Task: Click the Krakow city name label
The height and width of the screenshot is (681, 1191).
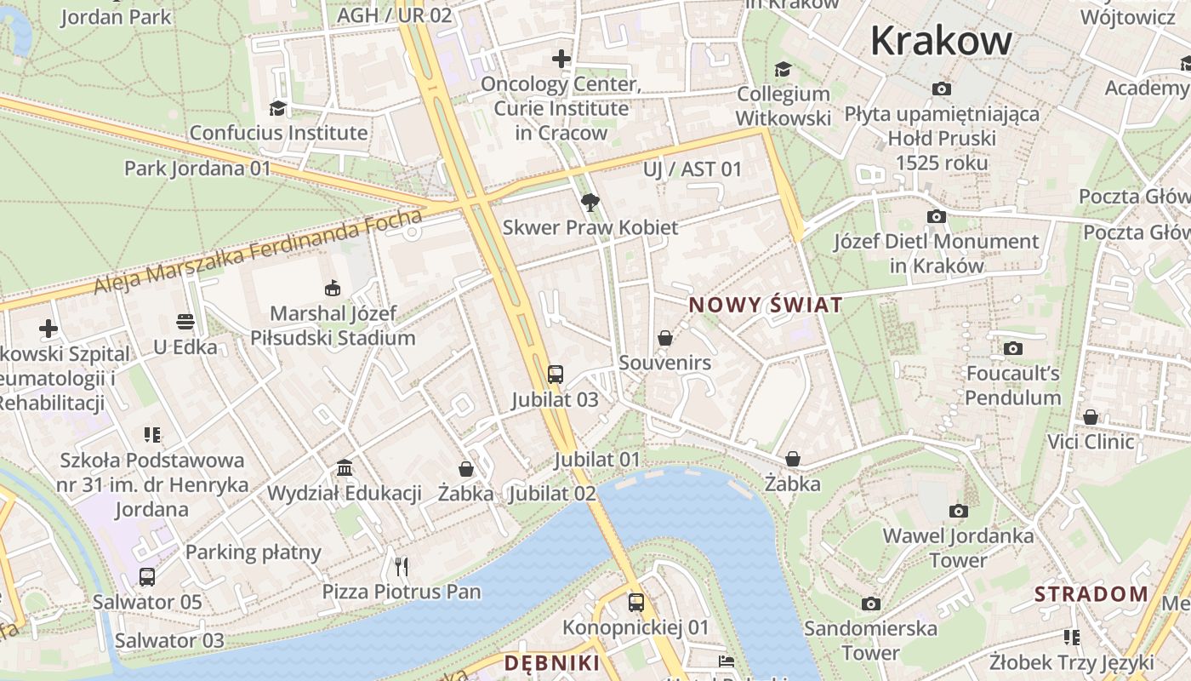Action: [x=941, y=40]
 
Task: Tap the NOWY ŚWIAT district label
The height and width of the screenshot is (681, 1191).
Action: [x=766, y=305]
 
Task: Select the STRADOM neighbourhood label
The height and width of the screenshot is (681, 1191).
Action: [x=1091, y=594]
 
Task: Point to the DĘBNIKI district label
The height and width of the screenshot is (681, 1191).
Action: [x=552, y=663]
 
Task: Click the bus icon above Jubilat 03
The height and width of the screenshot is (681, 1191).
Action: [x=555, y=374]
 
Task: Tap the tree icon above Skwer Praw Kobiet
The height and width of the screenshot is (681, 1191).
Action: [x=590, y=203]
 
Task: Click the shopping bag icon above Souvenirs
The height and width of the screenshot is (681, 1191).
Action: [x=665, y=338]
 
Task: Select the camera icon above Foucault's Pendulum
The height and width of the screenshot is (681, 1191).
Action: [x=1012, y=348]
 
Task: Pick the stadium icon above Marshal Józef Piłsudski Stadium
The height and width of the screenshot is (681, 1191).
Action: [x=332, y=289]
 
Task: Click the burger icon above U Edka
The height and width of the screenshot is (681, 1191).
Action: [x=185, y=322]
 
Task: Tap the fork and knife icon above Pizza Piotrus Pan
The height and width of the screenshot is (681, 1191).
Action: [x=402, y=566]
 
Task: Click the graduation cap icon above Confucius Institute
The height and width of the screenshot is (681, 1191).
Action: [x=277, y=108]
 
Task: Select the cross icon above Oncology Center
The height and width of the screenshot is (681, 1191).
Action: [x=561, y=59]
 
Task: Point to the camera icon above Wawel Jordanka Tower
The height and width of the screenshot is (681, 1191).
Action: [x=958, y=511]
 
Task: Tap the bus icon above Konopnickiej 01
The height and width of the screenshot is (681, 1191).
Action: [x=635, y=603]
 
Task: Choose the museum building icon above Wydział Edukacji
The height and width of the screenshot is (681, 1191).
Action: [x=345, y=467]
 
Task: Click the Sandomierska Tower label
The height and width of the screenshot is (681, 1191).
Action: [x=870, y=640]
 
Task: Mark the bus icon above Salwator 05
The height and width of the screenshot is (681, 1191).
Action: [x=147, y=577]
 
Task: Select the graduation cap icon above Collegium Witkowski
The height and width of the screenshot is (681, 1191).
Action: [x=782, y=69]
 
